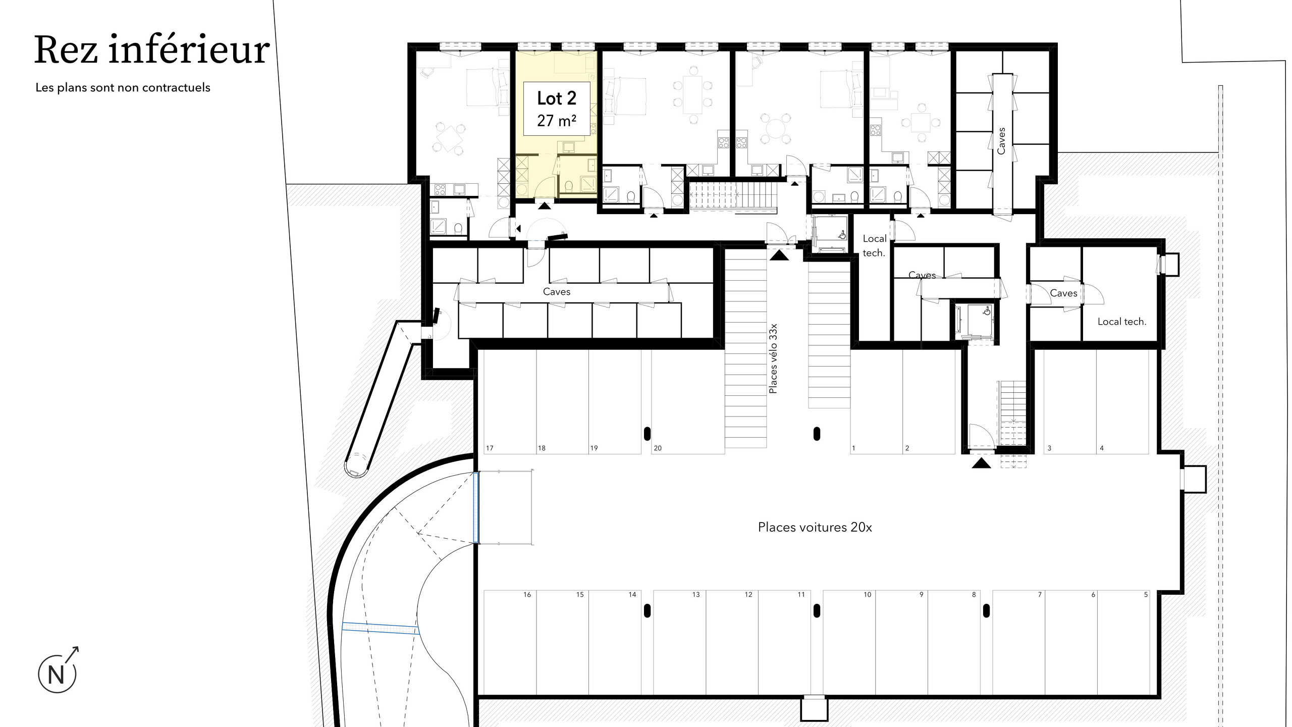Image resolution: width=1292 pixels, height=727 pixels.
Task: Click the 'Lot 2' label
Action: (x=557, y=98)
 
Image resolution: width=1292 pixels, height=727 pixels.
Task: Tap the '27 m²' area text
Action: (x=557, y=121)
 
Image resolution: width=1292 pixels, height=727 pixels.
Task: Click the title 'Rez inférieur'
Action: (x=152, y=50)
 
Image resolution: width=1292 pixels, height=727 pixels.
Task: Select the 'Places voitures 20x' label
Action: (x=815, y=527)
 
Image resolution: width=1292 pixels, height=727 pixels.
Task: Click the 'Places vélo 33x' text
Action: (x=773, y=358)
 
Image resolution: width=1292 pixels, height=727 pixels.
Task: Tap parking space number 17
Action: (x=490, y=448)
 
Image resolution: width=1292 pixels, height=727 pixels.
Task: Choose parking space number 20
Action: (x=658, y=448)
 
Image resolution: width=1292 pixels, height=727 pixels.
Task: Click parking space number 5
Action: (x=1146, y=595)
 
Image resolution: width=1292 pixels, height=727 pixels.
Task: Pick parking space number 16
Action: (x=527, y=595)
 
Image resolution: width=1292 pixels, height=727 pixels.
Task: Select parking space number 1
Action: (x=853, y=448)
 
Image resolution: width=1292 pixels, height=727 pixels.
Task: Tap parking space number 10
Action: (x=867, y=595)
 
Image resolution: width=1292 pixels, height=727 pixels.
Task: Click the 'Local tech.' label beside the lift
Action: (x=874, y=246)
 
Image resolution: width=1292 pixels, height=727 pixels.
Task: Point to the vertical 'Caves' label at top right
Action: (x=1001, y=141)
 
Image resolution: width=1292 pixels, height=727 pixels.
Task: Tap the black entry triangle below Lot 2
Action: (x=544, y=205)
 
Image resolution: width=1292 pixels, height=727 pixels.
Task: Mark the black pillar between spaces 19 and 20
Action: (x=648, y=433)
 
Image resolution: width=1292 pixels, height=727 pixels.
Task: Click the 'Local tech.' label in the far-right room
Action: (x=1122, y=322)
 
